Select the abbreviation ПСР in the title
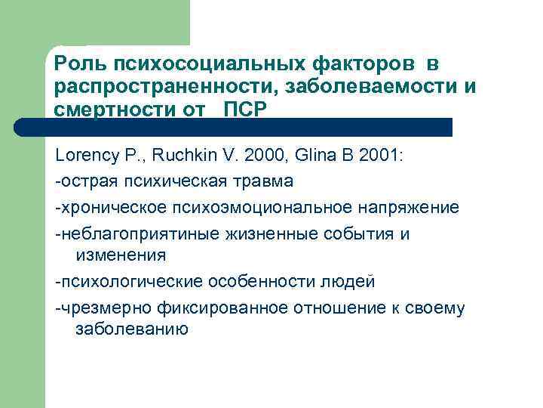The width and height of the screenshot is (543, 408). coord(245,109)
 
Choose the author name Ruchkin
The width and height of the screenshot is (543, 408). coord(177,156)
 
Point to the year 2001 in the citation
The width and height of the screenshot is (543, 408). coord(379,156)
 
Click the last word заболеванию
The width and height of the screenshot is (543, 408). coord(132,329)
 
